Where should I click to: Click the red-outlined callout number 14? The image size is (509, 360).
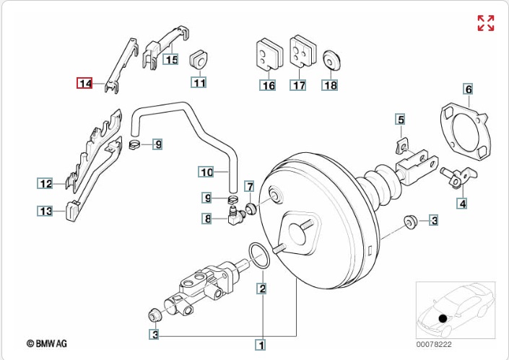point(85,84)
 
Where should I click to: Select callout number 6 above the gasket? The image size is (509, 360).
point(468,89)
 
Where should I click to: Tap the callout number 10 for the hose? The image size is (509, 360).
point(206,172)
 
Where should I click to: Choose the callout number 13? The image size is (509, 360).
point(46,211)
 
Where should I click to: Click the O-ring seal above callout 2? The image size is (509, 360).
point(261,255)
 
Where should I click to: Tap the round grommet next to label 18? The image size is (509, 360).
point(331,59)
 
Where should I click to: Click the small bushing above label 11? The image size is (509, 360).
point(199,61)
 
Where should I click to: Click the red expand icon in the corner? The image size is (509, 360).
point(486,22)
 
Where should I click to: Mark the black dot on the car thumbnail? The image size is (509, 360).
point(443,317)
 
